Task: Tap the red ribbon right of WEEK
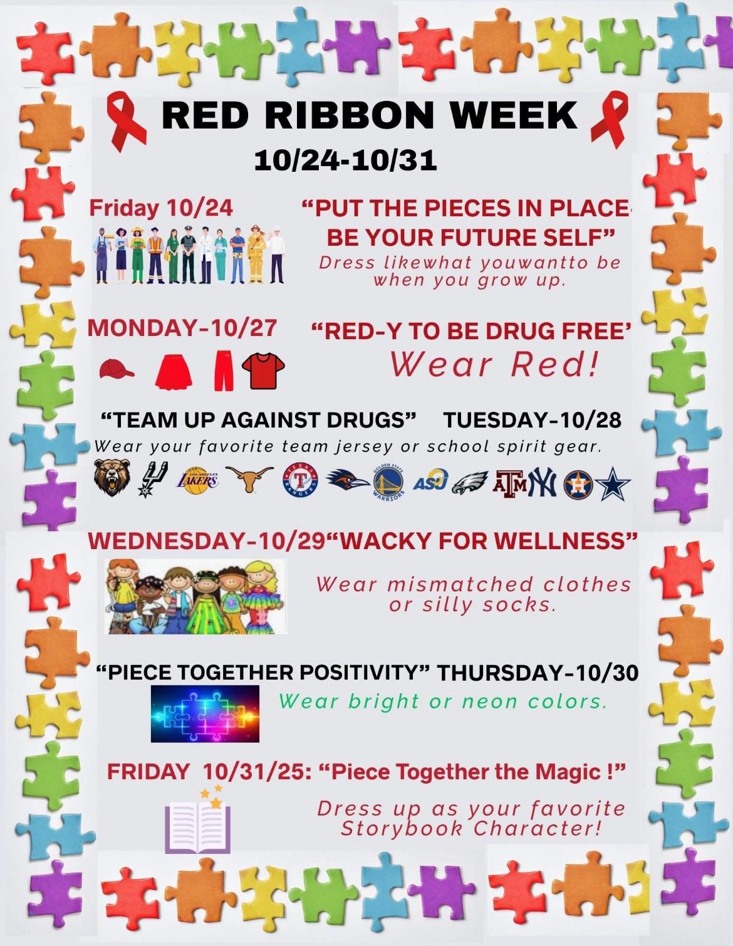coord(609,118)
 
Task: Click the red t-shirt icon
coord(263,370)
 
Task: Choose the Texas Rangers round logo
coord(300,481)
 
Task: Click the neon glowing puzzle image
coord(205,713)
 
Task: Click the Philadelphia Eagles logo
coord(470,485)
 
